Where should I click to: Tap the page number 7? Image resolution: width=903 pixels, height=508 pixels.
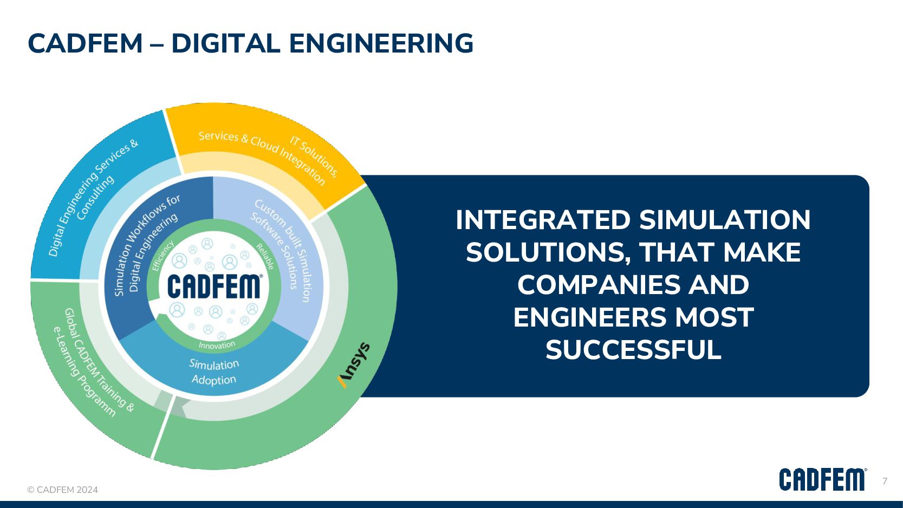pos(885,481)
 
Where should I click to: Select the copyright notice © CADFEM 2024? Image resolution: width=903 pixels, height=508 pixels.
pos(63,490)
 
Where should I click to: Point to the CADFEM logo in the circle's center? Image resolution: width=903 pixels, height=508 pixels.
pos(215,286)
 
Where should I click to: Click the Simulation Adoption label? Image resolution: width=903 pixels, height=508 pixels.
pos(214,372)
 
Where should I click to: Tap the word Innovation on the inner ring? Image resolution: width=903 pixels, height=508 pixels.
pos(217,345)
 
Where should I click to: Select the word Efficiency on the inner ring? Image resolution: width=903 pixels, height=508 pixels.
pos(163,255)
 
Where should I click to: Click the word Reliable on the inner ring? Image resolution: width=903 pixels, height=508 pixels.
pos(265,256)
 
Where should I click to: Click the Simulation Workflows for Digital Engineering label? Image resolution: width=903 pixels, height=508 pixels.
pos(146,244)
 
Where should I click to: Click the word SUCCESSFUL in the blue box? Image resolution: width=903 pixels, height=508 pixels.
pos(633,350)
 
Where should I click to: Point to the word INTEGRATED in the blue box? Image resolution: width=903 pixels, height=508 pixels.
pos(543,220)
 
